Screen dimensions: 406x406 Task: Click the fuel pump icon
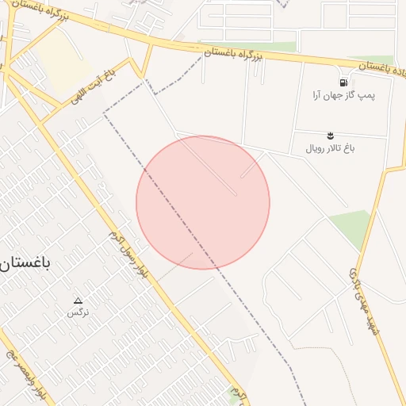coord(343,82)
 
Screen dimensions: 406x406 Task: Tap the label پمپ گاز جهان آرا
coord(343,95)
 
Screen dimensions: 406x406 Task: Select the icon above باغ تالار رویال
coord(331,136)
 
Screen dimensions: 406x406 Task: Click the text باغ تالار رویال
coord(331,147)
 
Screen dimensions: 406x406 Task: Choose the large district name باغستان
coord(25,264)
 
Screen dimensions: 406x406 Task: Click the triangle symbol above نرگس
coord(78,301)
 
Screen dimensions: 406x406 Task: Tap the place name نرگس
coord(78,312)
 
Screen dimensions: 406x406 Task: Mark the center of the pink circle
coord(203,202)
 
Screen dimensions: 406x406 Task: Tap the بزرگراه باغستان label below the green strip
coord(232,55)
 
